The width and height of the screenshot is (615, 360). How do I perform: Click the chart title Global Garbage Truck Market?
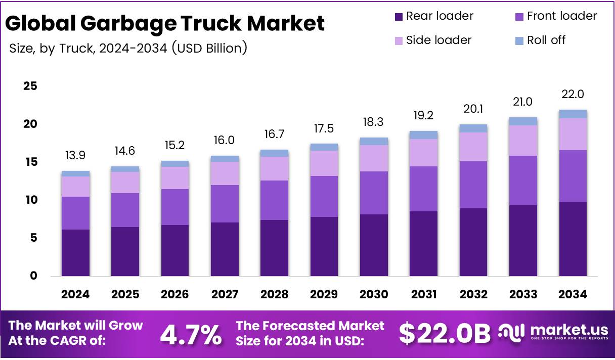tap(165, 23)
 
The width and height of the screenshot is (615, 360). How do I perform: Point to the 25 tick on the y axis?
tap(30, 86)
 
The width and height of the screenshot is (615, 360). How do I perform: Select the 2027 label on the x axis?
tap(225, 294)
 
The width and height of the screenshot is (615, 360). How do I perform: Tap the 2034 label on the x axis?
tap(573, 294)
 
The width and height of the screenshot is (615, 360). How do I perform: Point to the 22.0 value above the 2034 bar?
tap(573, 95)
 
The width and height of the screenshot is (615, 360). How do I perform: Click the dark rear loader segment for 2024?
tap(76, 253)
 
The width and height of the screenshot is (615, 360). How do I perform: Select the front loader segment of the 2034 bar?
tap(573, 176)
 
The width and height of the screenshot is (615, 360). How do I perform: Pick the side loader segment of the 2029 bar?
tap(324, 163)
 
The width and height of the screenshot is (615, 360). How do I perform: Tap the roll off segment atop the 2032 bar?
tap(473, 128)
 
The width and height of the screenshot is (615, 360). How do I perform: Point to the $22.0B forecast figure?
tap(445, 333)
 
